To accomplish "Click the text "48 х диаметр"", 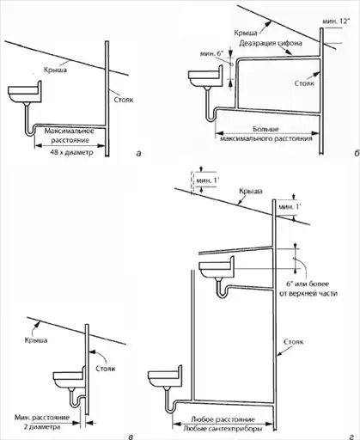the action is tap(71, 152).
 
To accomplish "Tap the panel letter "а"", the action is tap(139, 154).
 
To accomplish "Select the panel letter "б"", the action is tap(357, 154).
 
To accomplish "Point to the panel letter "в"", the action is tap(131, 437).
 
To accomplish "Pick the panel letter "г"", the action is tap(351, 437).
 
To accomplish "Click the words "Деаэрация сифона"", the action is tap(271, 43).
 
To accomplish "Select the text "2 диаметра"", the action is tap(42, 427).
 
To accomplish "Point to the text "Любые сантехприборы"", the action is tap(223, 429).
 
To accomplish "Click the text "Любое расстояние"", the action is tap(223, 419).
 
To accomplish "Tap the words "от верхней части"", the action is tap(308, 294).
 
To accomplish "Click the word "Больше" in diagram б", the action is tap(265, 129).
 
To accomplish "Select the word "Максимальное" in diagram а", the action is tap(70, 131).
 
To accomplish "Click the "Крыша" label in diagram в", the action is tap(36, 340).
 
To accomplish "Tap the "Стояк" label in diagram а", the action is tap(124, 100).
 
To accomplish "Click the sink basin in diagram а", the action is tap(25, 92).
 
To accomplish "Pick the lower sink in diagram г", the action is tap(165, 376).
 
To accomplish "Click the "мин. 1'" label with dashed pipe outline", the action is tap(206, 180).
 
